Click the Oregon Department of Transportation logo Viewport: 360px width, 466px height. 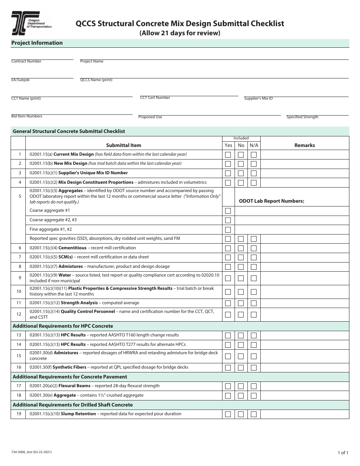(x=31, y=23)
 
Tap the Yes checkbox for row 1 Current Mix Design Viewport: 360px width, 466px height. (x=228, y=155)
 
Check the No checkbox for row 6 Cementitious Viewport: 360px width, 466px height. (x=241, y=248)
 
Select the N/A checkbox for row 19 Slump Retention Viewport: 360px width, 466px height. (x=254, y=414)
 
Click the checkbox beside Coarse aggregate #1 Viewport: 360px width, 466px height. (x=228, y=211)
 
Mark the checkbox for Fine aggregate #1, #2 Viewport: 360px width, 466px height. (x=228, y=230)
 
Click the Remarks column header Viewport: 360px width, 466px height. (x=304, y=145)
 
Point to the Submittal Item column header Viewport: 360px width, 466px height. (x=124, y=145)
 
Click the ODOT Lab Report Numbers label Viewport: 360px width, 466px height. (x=271, y=201)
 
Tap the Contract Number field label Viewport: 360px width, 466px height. (x=26, y=61)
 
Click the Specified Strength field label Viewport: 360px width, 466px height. (x=302, y=117)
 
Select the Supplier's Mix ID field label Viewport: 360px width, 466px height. (x=258, y=99)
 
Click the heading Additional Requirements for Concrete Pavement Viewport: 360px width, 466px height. (x=70, y=377)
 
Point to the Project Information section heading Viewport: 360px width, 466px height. (x=37, y=43)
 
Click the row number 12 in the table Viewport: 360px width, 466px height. (x=19, y=314)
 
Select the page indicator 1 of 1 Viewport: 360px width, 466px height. (x=343, y=452)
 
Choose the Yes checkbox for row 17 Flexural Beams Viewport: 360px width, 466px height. (x=228, y=386)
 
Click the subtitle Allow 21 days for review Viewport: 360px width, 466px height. (x=180, y=33)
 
